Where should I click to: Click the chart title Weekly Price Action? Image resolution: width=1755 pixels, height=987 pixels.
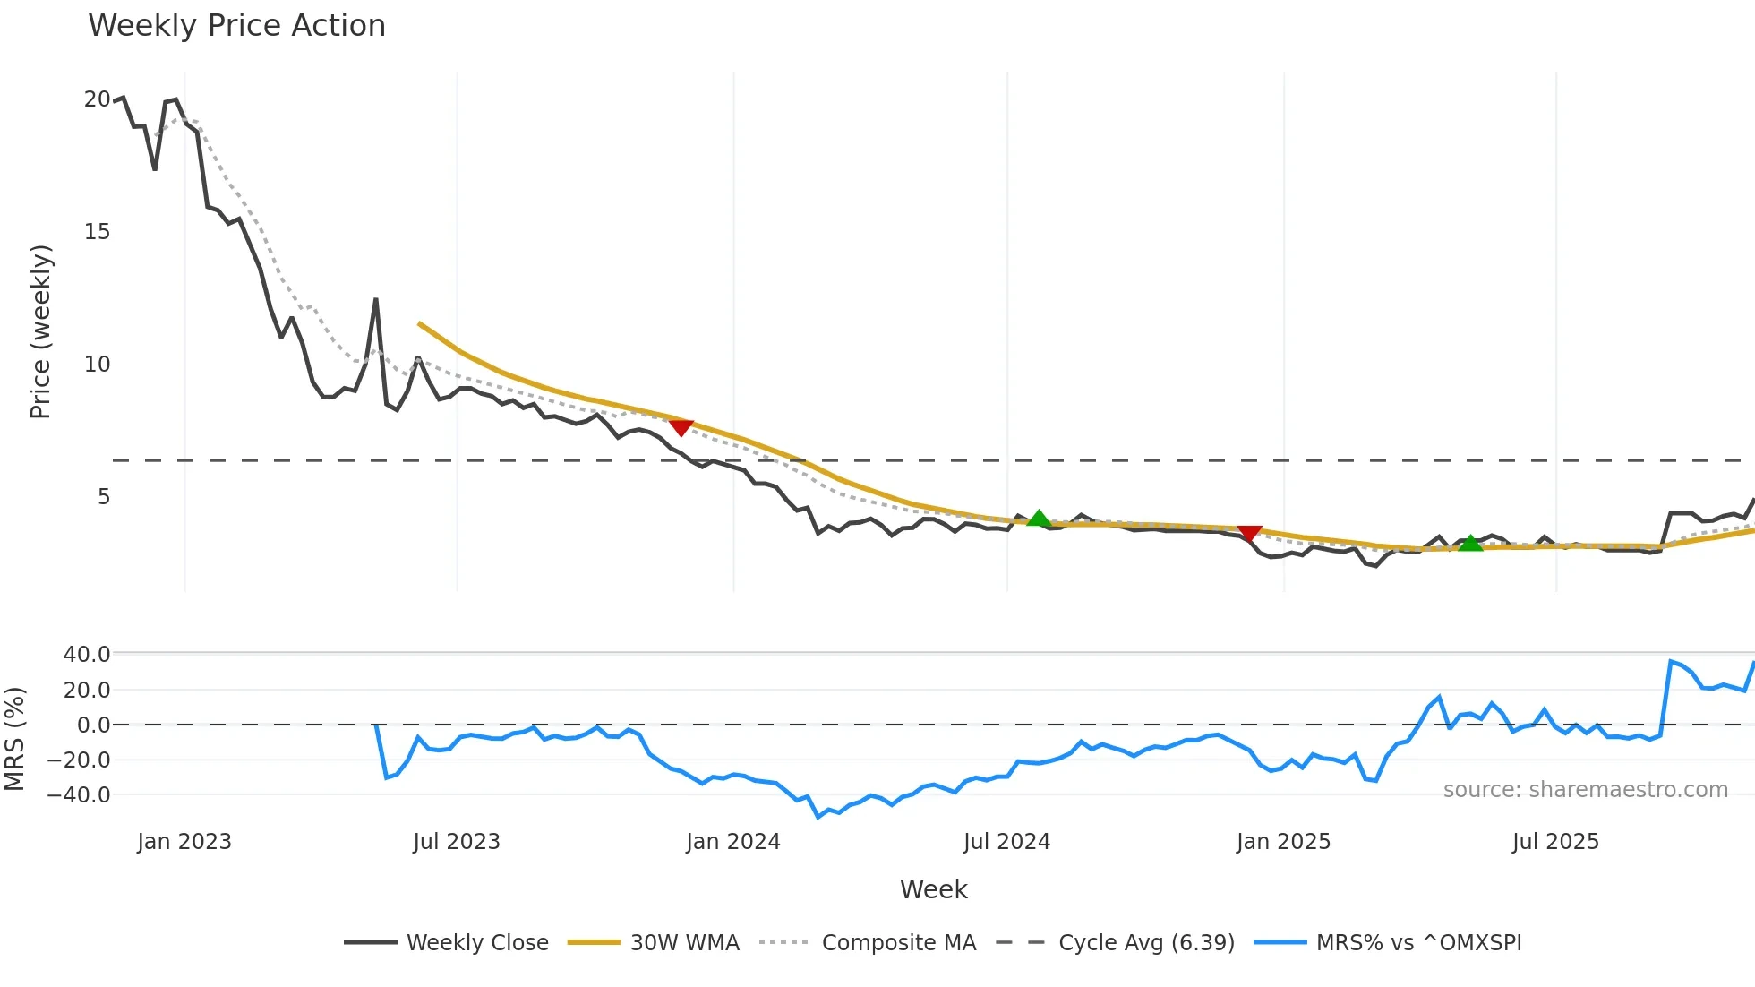[236, 26]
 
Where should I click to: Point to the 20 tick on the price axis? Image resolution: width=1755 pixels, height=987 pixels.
[97, 99]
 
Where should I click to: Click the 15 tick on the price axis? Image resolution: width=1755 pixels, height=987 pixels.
[97, 232]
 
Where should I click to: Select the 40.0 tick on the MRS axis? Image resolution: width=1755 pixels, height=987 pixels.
[86, 655]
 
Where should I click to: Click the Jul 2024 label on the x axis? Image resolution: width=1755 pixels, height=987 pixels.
[1006, 842]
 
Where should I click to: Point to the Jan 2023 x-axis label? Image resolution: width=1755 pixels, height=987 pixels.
[184, 842]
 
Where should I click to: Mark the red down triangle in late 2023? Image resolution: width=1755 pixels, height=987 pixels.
[681, 428]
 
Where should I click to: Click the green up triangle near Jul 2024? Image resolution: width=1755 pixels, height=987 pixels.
[1039, 519]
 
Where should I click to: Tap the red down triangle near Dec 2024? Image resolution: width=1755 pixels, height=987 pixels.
[1249, 533]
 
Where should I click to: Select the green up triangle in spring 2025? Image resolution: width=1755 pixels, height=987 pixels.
[1470, 543]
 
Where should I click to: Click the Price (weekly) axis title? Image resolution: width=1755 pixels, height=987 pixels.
[40, 331]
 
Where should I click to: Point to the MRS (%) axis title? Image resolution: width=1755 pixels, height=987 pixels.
[14, 739]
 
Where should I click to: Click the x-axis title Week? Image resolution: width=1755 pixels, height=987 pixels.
[933, 889]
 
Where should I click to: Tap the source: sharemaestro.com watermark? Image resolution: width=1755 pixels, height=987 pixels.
[1585, 790]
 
